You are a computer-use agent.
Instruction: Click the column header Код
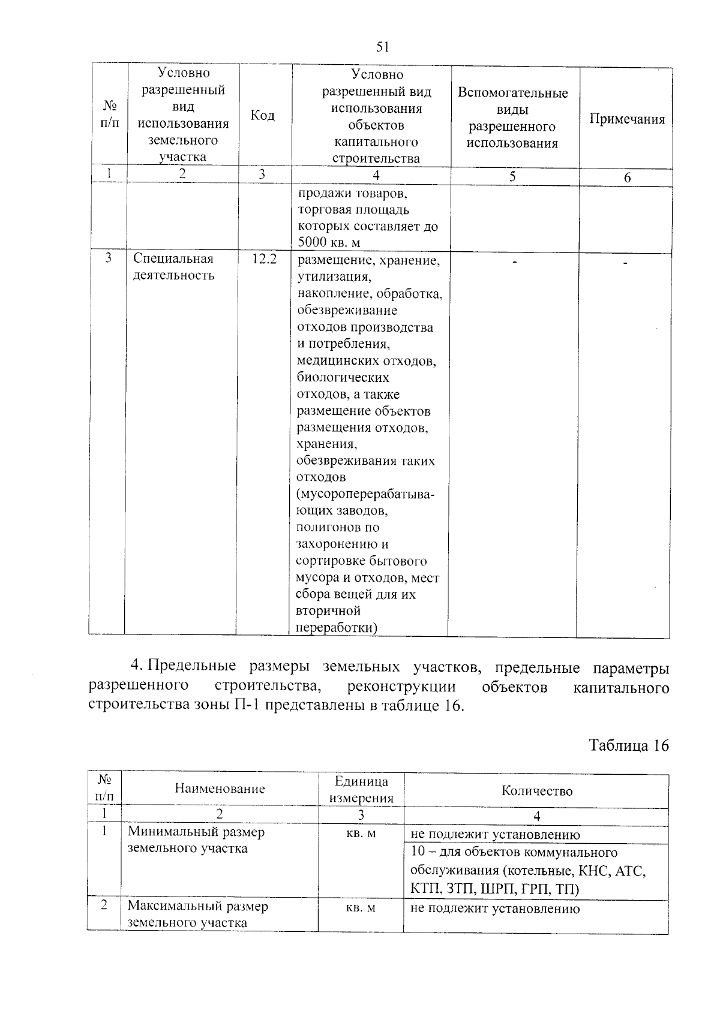pyautogui.click(x=262, y=115)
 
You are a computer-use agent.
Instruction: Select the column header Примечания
pyautogui.click(x=627, y=119)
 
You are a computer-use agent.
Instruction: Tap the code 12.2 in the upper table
pyautogui.click(x=264, y=259)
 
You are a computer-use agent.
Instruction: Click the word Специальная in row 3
pyautogui.click(x=173, y=259)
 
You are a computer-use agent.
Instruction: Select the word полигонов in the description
pyautogui.click(x=329, y=528)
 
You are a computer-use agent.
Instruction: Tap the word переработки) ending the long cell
pyautogui.click(x=337, y=628)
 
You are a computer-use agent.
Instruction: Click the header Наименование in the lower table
pyautogui.click(x=220, y=789)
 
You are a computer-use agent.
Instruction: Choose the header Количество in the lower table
pyautogui.click(x=536, y=791)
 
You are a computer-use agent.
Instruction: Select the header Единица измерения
pyautogui.click(x=361, y=790)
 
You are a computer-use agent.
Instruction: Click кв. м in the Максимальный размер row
pyautogui.click(x=361, y=908)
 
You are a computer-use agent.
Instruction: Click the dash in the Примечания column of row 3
pyautogui.click(x=625, y=263)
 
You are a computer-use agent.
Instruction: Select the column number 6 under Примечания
pyautogui.click(x=627, y=178)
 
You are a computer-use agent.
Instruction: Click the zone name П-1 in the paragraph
pyautogui.click(x=245, y=705)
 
